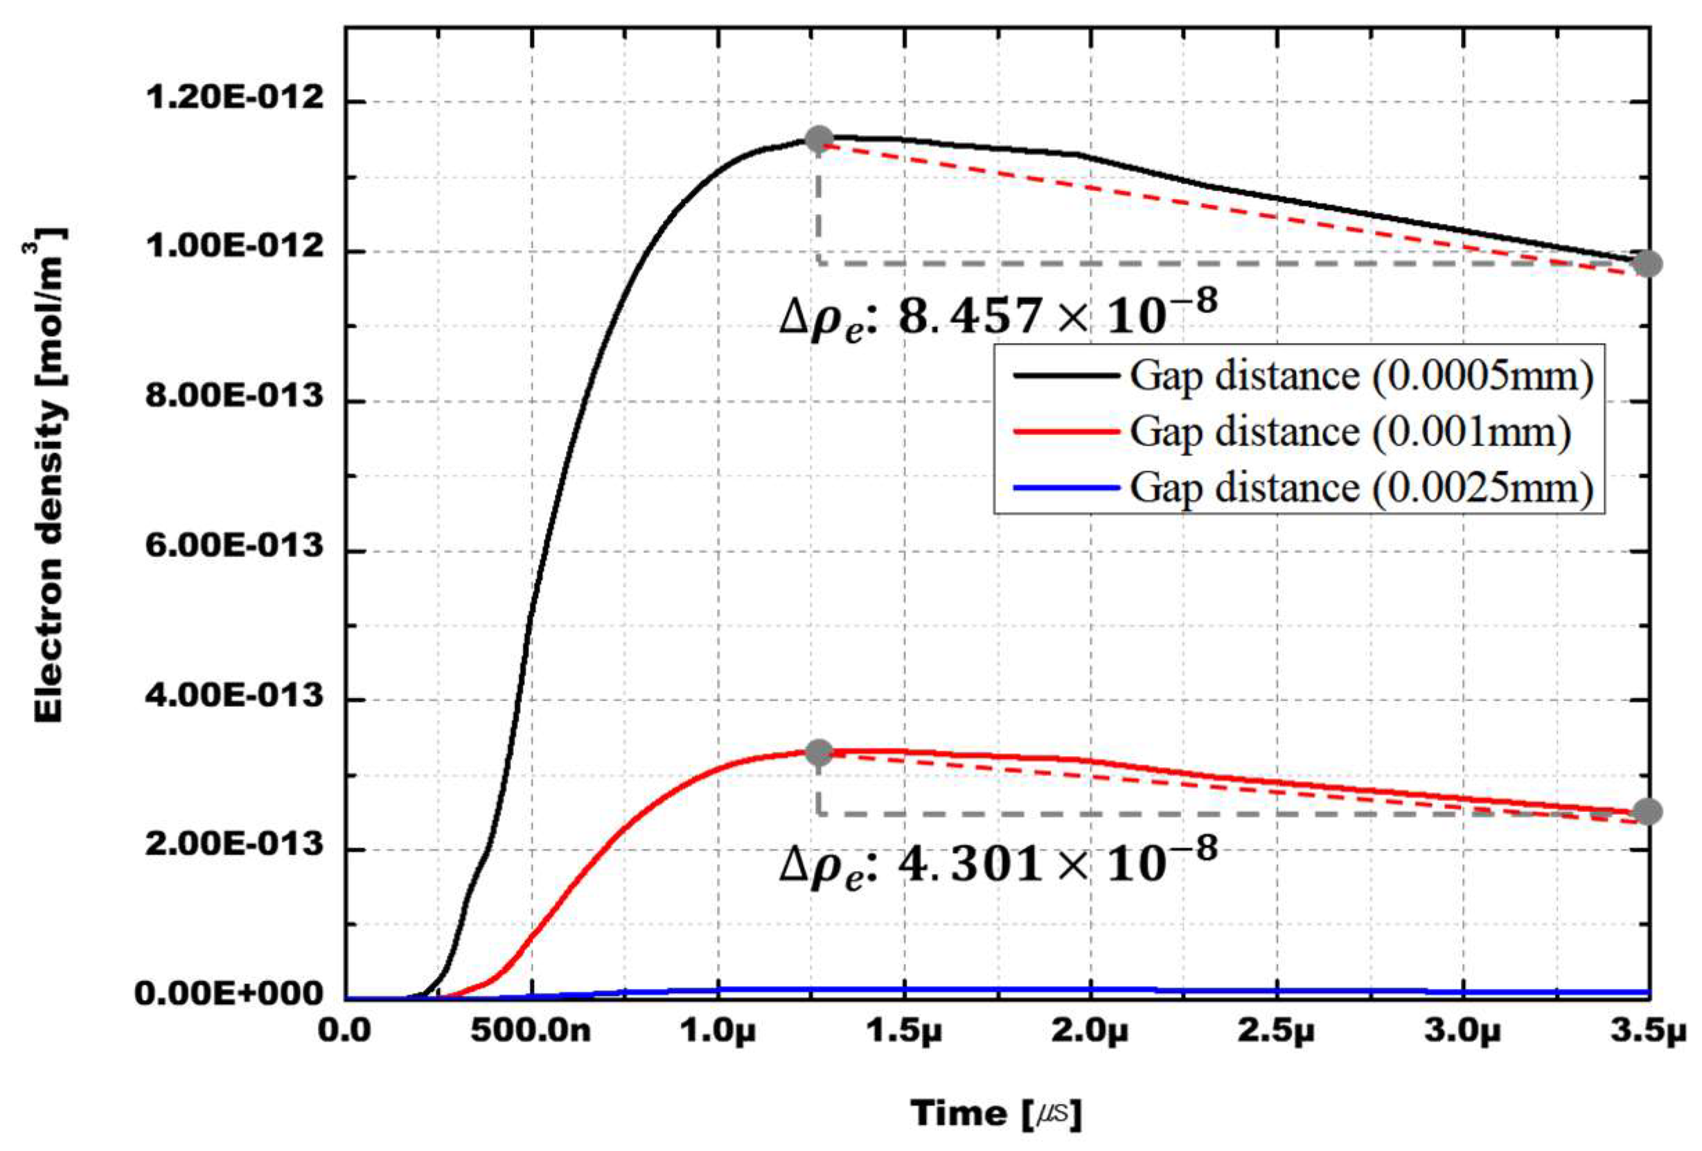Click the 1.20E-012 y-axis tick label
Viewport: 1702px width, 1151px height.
point(234,98)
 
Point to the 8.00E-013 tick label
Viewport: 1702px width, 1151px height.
point(234,397)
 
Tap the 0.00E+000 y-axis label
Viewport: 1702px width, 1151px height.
point(229,994)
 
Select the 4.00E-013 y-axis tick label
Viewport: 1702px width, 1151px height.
point(234,695)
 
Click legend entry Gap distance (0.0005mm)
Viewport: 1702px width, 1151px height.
point(1360,376)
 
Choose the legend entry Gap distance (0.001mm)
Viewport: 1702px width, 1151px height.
point(1349,432)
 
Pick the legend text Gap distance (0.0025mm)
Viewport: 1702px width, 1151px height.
point(1360,487)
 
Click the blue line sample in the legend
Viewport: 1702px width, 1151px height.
point(1066,487)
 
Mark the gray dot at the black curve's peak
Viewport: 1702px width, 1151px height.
point(819,139)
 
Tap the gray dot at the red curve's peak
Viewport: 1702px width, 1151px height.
point(819,752)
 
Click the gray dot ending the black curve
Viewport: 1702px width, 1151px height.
point(1648,264)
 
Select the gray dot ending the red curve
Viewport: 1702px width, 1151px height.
point(1648,811)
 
